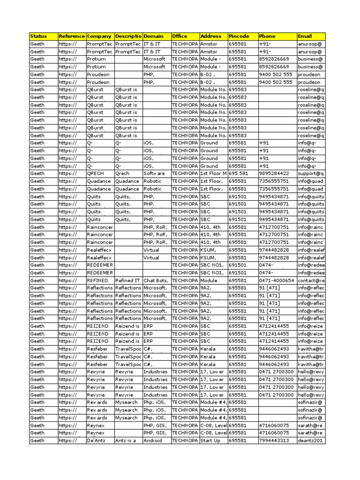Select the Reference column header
pos(72,36)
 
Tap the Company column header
pos(99,36)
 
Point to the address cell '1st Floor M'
pos(213,173)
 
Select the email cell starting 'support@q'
pos(310,173)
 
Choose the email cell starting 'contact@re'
pos(310,280)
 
